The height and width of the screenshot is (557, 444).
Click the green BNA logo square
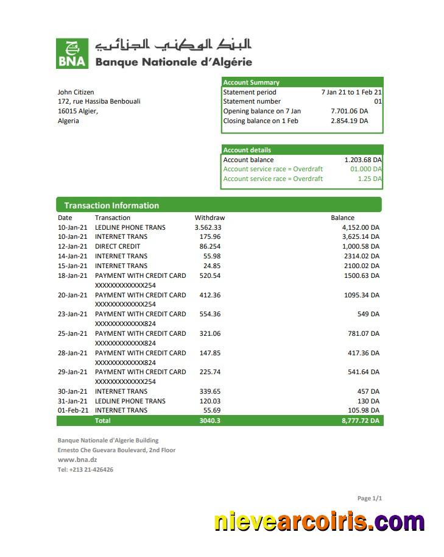pyautogui.click(x=72, y=53)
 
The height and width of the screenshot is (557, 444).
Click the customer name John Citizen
pyautogui.click(x=76, y=92)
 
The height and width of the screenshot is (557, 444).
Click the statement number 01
pyautogui.click(x=378, y=101)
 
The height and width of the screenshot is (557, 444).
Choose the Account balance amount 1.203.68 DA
pyautogui.click(x=363, y=160)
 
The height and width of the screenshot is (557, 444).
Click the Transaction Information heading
pyautogui.click(x=111, y=205)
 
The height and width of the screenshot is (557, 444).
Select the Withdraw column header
pyautogui.click(x=210, y=218)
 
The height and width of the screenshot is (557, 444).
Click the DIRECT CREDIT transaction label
pyautogui.click(x=118, y=246)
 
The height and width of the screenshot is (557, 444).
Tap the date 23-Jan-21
pyautogui.click(x=72, y=314)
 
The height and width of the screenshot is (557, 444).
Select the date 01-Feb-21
pyautogui.click(x=72, y=411)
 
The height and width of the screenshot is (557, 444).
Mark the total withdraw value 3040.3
pyautogui.click(x=210, y=420)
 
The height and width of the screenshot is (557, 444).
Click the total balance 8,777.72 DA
pyautogui.click(x=361, y=420)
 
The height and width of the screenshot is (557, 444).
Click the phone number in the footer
pyautogui.click(x=85, y=469)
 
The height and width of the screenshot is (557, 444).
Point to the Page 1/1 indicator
pyautogui.click(x=370, y=498)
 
